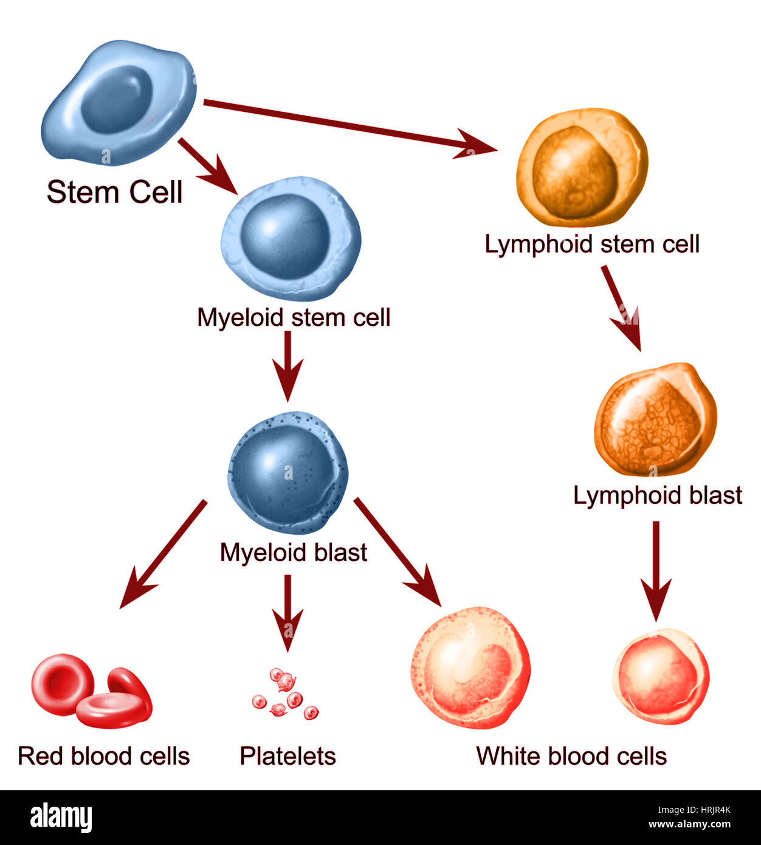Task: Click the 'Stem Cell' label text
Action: (x=114, y=192)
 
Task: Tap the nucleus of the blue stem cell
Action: (x=116, y=98)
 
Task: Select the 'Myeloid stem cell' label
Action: (x=293, y=317)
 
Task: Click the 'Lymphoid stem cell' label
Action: (x=592, y=244)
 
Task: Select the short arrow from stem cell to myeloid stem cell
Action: (x=207, y=165)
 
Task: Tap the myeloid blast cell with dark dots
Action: (x=288, y=472)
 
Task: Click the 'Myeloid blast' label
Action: (x=293, y=553)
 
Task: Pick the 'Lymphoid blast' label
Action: (x=658, y=495)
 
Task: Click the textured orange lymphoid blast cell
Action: (x=655, y=419)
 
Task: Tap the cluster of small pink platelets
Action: (x=285, y=694)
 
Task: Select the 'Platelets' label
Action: (x=288, y=756)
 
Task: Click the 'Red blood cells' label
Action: (x=104, y=756)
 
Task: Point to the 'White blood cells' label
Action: (x=571, y=756)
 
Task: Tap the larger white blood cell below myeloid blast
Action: (x=470, y=667)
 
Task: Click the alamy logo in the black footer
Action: (x=61, y=818)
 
